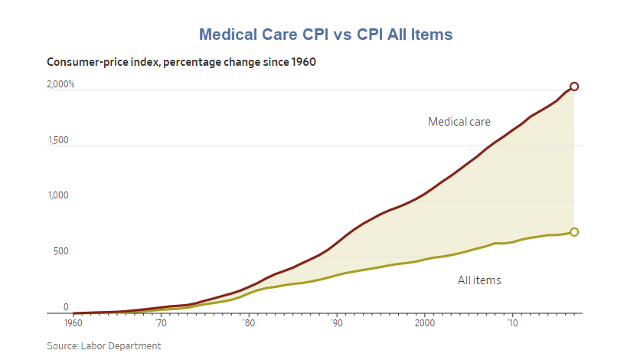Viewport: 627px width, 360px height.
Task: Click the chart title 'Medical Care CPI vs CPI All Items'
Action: pyautogui.click(x=325, y=34)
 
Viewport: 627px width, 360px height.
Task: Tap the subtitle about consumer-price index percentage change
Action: pyautogui.click(x=181, y=62)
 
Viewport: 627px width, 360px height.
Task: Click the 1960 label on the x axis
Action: pyautogui.click(x=73, y=324)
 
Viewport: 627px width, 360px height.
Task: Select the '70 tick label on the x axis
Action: pyautogui.click(x=161, y=324)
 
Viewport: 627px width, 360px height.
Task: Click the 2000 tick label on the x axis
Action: pyautogui.click(x=425, y=324)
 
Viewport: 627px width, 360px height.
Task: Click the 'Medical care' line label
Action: pyautogui.click(x=459, y=121)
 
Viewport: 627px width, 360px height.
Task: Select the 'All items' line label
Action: pyautogui.click(x=479, y=280)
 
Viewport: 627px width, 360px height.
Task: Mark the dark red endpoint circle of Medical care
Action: pyautogui.click(x=574, y=87)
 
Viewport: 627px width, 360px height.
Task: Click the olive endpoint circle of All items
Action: pyautogui.click(x=574, y=232)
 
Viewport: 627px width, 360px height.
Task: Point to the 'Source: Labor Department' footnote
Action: pyautogui.click(x=104, y=346)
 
